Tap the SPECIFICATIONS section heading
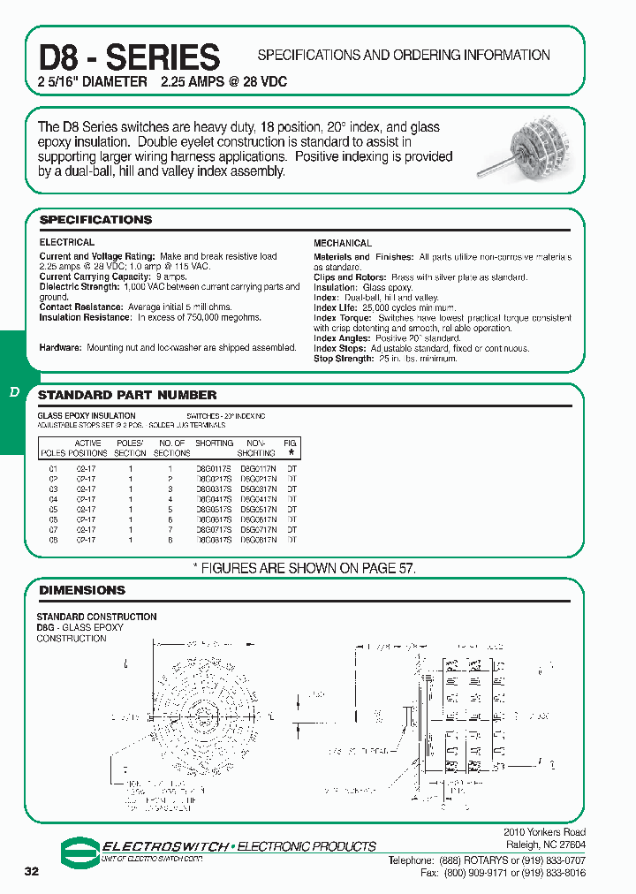[95, 219]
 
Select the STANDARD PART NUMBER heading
[127, 395]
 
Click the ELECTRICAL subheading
[66, 242]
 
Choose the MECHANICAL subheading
[343, 243]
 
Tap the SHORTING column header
[214, 443]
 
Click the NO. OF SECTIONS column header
[171, 448]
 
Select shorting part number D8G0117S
[214, 468]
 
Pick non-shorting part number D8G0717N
[258, 528]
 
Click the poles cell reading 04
[53, 499]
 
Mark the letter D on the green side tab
[14, 391]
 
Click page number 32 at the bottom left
[32, 872]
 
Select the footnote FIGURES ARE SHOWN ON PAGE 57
[304, 568]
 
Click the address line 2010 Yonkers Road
[543, 832]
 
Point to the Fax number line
[503, 872]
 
